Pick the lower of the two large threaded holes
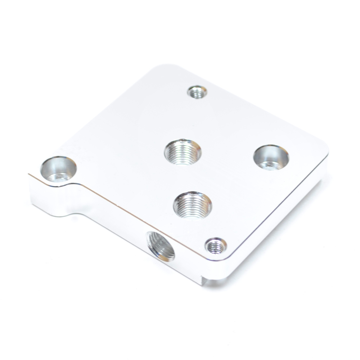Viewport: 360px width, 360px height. pos(192,204)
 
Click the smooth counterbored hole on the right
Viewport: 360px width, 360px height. pos(271,157)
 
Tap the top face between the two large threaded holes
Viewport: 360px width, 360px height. pos(187,178)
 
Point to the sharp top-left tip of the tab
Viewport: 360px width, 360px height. pos(29,175)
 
